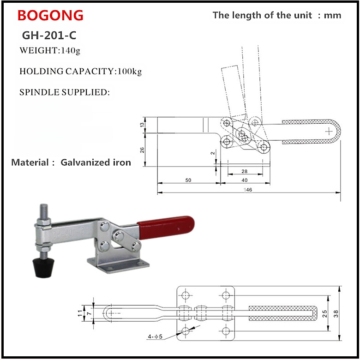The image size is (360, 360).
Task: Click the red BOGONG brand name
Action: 50,16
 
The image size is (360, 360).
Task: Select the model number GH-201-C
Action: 49,35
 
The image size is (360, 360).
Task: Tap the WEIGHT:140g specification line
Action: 50,50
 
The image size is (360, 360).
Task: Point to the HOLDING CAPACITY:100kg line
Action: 80,72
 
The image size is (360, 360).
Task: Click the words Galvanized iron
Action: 96,162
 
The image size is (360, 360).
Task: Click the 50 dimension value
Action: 188,180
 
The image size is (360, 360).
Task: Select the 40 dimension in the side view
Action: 244,180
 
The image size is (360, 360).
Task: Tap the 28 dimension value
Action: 244,171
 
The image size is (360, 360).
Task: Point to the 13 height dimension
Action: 143,125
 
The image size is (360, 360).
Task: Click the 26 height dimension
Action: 143,150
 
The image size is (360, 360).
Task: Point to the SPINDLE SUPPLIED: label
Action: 65,92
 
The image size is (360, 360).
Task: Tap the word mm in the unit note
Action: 332,15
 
